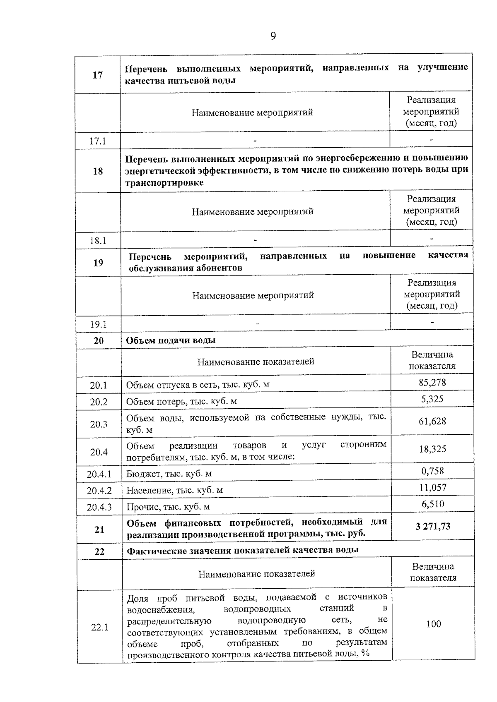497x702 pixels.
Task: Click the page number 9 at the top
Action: pos(273,37)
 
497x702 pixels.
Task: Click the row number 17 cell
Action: pos(97,75)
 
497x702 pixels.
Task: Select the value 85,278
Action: pos(432,382)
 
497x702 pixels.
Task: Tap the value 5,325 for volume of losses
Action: pos(432,399)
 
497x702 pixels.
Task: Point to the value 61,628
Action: pos(432,422)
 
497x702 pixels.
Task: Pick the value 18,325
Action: pos(432,449)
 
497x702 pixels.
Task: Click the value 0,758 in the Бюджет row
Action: pos(432,471)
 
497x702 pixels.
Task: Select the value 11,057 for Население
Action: pos(433,488)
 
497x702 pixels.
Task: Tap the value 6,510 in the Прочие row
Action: pos(433,504)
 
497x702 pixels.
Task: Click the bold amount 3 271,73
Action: pos(433,527)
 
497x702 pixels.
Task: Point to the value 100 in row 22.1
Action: pos(434,624)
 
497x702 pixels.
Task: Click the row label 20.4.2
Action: pos(99,491)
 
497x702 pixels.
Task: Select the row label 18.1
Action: pos(98,241)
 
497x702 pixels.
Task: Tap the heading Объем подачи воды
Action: pos(171,340)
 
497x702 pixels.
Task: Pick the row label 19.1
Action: pos(99,325)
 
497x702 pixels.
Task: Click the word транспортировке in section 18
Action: pos(164,183)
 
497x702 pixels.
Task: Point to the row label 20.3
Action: pos(99,424)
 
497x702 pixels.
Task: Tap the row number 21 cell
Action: pos(99,529)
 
